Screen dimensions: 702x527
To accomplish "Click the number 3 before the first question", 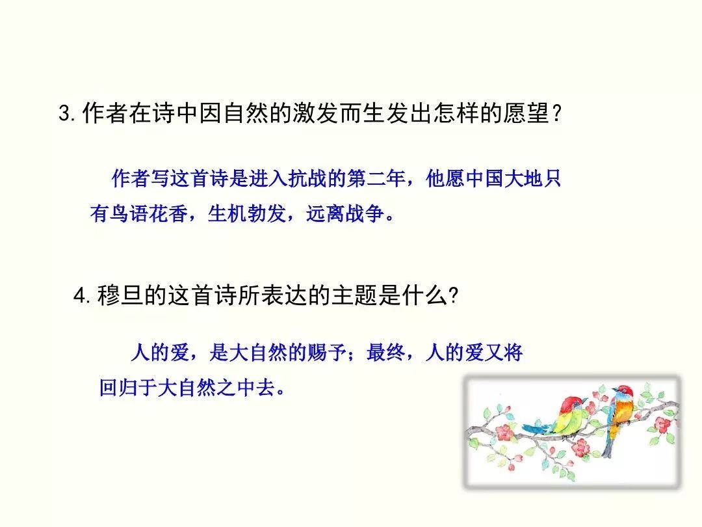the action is [66, 113].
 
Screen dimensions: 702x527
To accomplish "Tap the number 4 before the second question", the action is [81, 296].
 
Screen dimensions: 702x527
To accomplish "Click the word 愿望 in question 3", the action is [526, 113].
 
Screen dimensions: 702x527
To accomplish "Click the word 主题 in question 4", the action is [355, 296].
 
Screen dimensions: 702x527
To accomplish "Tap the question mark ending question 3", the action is [556, 113].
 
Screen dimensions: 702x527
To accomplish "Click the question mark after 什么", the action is [453, 296].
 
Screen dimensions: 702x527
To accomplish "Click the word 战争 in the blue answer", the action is [365, 213].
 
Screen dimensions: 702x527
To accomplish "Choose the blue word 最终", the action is [386, 352].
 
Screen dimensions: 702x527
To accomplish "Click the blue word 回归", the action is [119, 387].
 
